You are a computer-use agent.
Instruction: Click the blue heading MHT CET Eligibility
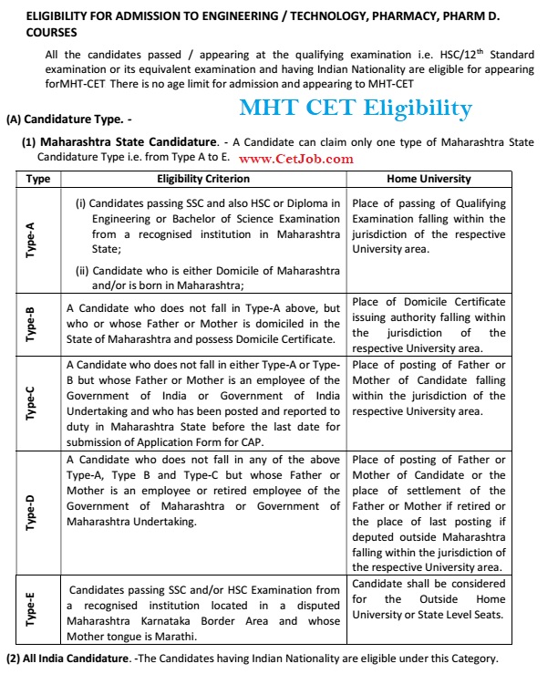pos(356,109)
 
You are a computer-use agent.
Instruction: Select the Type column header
pos(38,179)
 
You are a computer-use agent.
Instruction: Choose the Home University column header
pos(429,179)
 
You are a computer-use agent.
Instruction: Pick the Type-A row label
pos(32,240)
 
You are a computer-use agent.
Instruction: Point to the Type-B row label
pos(32,323)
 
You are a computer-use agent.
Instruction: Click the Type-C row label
pos(32,401)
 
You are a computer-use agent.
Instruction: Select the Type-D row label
pos(32,512)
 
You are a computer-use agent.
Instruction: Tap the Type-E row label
pos(32,610)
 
